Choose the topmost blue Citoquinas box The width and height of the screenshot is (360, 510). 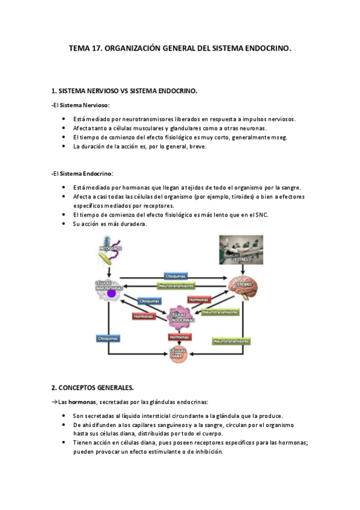click(176, 276)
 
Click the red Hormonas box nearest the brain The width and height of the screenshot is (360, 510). click(199, 299)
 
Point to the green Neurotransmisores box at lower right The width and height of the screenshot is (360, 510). click(231, 340)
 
